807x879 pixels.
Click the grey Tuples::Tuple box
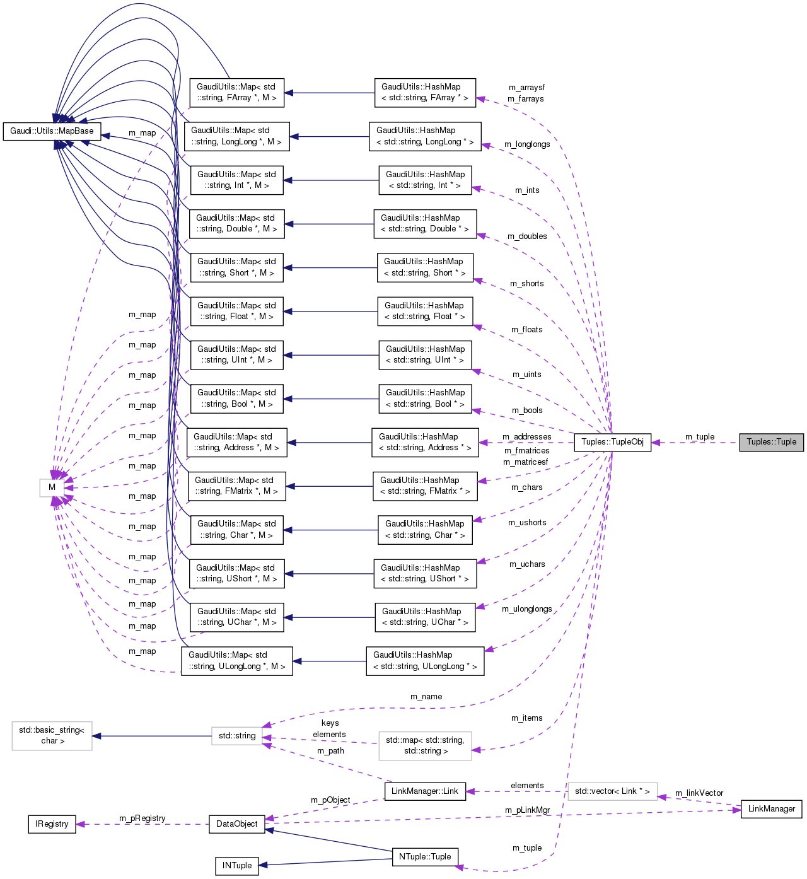(771, 442)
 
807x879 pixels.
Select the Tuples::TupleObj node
(612, 442)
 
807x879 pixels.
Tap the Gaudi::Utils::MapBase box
(52, 131)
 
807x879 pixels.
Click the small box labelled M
(52, 487)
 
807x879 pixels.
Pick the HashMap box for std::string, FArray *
(424, 93)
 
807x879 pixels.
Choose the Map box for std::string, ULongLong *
(236, 661)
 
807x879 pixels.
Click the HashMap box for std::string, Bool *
(425, 399)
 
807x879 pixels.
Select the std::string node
(237, 736)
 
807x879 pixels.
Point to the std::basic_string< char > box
(52, 736)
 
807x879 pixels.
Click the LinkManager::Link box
(425, 791)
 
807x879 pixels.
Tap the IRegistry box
(52, 824)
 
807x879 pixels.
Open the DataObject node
(236, 824)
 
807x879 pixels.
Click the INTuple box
(236, 866)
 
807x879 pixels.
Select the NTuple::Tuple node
(425, 857)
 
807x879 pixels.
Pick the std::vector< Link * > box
(612, 791)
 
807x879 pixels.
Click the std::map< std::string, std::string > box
(425, 745)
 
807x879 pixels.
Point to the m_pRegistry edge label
(142, 818)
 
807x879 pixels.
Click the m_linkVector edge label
(699, 793)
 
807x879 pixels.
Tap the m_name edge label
(426, 697)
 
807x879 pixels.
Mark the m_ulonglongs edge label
(527, 609)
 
